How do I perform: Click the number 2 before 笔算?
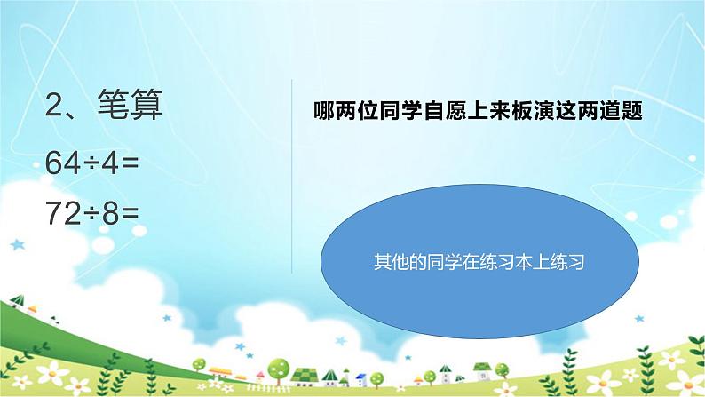tap(55, 108)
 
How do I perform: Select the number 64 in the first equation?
tap(67, 163)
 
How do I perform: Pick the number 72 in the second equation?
tap(67, 212)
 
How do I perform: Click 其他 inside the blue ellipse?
tap(385, 263)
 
